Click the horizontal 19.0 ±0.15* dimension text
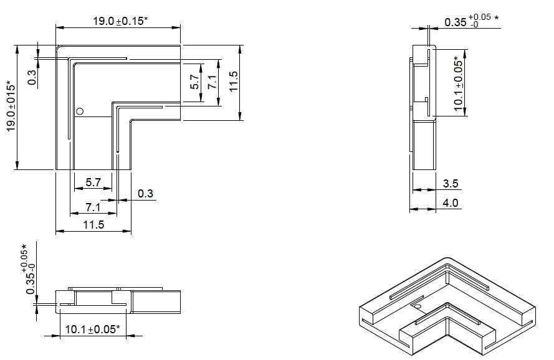coord(120,21)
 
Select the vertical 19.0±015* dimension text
coord(11,107)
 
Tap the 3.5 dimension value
coord(451,183)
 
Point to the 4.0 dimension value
coord(451,203)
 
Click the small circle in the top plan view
coord(80,111)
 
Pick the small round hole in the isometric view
coord(418,306)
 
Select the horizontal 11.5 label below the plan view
coord(93,225)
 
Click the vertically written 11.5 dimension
coord(234,81)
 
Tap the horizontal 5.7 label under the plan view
coord(93,182)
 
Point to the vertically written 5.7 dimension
coord(195,82)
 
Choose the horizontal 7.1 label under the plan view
coord(93,207)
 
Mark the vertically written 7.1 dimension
coord(212,82)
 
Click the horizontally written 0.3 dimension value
coord(145,194)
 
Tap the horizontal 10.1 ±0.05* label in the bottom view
coord(93,329)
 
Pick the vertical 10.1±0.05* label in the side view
coord(458,83)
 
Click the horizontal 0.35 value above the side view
coord(456,22)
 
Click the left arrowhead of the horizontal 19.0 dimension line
coord(59,27)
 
